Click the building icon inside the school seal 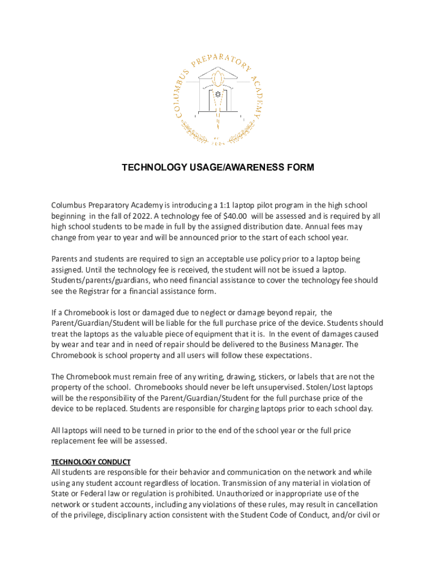pyautogui.click(x=218, y=90)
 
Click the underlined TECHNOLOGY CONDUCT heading pyautogui.click(x=91, y=461)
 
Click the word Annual pyautogui.click(x=320, y=227)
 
